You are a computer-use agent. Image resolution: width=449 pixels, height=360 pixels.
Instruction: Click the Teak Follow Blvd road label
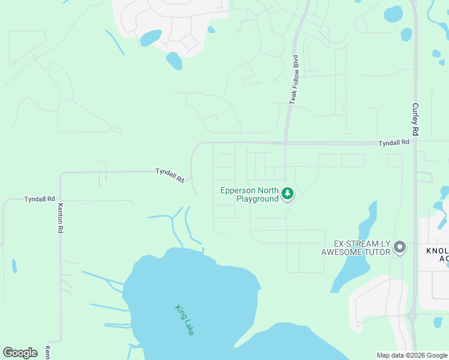[294, 80]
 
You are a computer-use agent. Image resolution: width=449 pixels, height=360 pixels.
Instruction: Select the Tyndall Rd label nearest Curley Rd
[393, 142]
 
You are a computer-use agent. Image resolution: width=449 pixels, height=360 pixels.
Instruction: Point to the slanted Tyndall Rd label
[170, 175]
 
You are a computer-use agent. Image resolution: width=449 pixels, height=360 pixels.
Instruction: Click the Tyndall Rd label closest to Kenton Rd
[40, 199]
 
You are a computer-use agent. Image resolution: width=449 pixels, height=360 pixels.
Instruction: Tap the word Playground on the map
[257, 199]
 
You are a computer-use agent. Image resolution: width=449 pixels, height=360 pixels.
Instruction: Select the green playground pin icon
[288, 193]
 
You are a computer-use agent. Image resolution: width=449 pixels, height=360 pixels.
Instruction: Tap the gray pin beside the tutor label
[400, 247]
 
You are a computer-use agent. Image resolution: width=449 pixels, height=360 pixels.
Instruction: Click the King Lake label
[185, 320]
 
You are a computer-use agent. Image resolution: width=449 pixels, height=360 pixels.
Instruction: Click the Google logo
[20, 353]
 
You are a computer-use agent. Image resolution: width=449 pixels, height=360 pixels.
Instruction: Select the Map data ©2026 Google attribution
[411, 355]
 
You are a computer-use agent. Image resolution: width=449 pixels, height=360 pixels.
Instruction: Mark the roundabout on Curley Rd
[412, 316]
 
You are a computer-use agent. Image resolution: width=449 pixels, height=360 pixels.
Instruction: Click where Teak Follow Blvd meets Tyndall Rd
[286, 143]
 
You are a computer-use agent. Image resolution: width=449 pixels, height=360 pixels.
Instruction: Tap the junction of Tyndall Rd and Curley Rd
[415, 143]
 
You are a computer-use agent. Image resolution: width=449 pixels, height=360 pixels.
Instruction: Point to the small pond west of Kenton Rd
[14, 266]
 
